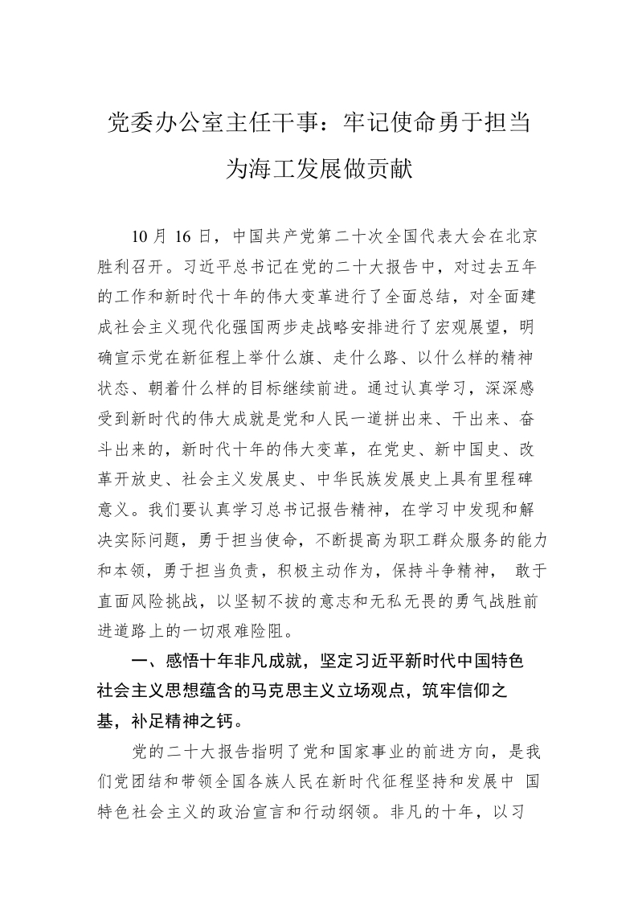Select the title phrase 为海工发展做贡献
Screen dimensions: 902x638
(319, 169)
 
